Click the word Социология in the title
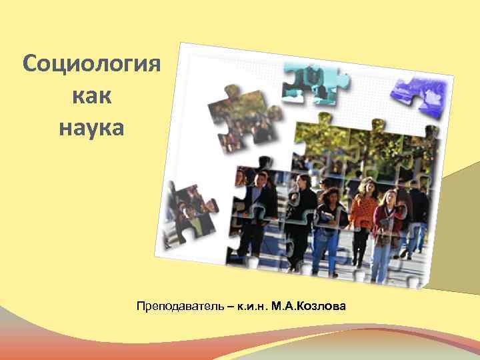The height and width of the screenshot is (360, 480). (91, 65)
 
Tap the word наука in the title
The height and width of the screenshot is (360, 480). (91, 126)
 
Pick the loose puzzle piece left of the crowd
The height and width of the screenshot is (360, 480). (189, 209)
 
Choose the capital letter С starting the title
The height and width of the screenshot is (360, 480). (29, 65)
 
